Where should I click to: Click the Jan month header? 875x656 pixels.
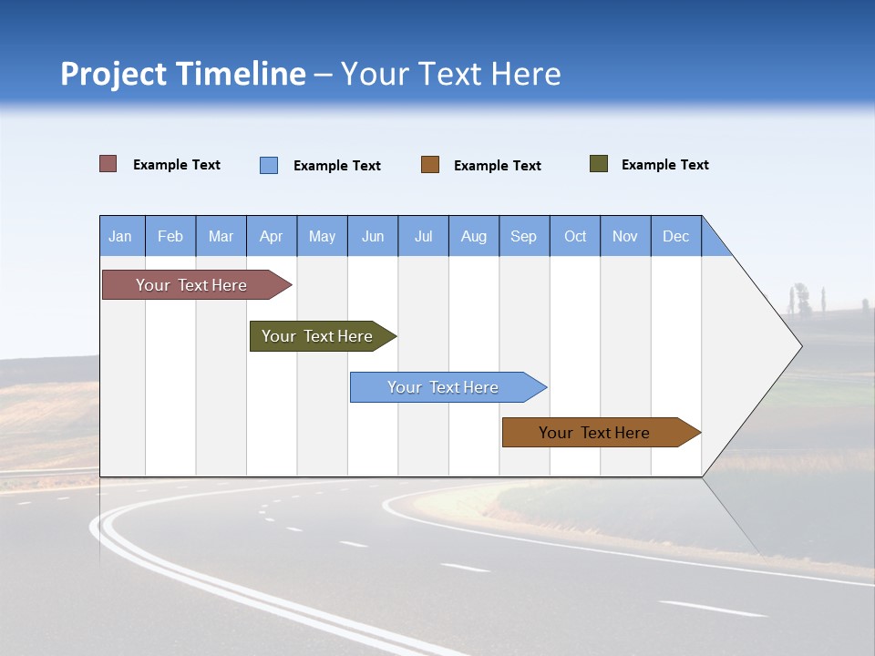coord(121,236)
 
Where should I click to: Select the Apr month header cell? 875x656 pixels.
coord(272,236)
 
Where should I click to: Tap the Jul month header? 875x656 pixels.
coord(423,236)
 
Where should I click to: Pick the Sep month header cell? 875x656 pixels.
coord(524,236)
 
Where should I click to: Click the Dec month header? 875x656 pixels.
coord(675,236)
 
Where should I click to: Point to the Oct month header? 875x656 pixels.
coord(575,236)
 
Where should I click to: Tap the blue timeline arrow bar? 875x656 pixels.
coord(445,387)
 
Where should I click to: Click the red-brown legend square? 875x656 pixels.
coord(108,164)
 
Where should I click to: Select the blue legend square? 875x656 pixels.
coord(269,165)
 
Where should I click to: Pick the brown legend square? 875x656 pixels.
coord(430,165)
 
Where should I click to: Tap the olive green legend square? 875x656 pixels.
coord(599,164)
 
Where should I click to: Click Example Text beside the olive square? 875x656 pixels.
coord(664,164)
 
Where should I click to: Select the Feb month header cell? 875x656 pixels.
coord(170,236)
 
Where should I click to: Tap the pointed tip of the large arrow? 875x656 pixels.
coord(799,345)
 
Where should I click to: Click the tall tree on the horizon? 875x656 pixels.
coord(801,298)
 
